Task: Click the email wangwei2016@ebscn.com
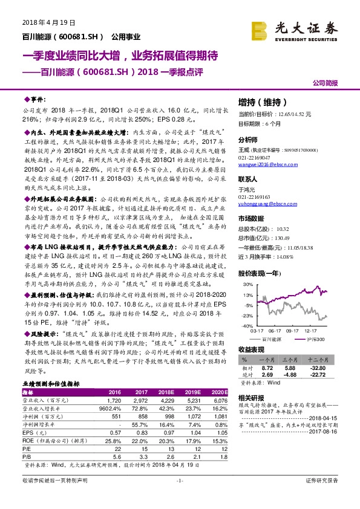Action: [x=260, y=181]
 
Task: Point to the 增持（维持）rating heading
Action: [x=251, y=103]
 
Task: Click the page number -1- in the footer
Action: [x=179, y=497]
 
